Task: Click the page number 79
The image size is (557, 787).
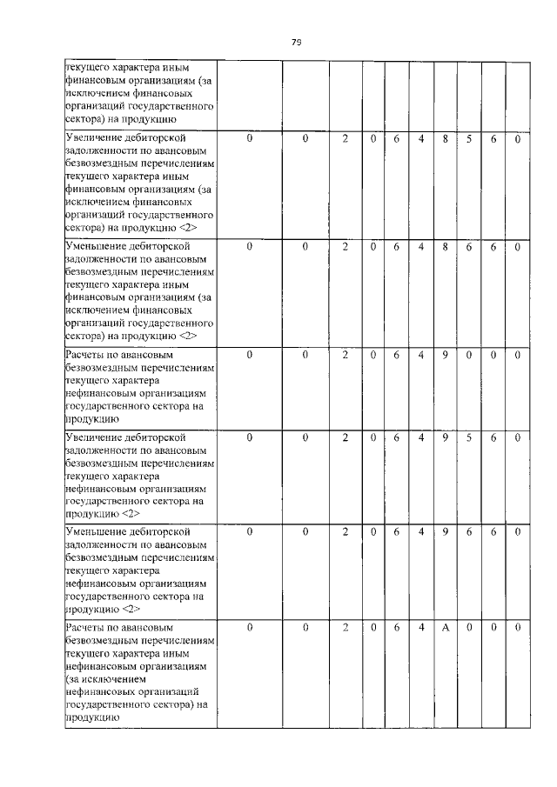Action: click(x=296, y=41)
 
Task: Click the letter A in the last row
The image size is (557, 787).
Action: click(x=445, y=627)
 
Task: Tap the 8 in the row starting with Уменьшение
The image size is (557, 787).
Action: click(x=445, y=246)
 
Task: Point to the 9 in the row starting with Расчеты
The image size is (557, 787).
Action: click(x=445, y=355)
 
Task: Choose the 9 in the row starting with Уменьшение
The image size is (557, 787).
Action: click(x=445, y=531)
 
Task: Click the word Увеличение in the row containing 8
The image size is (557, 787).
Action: click(x=94, y=138)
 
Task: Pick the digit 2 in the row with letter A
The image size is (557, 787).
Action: click(x=346, y=627)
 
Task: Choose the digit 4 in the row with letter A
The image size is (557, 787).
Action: click(x=420, y=627)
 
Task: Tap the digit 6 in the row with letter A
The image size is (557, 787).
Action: click(x=396, y=627)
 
